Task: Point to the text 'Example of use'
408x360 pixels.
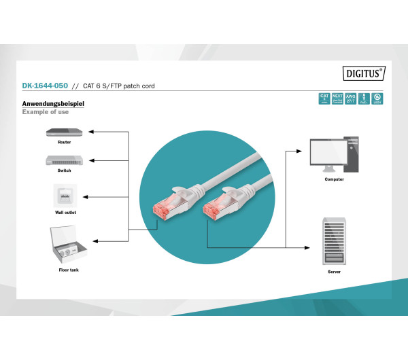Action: click(45, 111)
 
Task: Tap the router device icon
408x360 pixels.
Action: click(64, 132)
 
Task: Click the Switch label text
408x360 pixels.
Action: click(64, 170)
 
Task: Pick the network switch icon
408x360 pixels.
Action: click(64, 160)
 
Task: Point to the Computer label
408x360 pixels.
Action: click(334, 179)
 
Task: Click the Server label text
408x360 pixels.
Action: click(334, 271)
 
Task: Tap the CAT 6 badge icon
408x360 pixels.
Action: click(324, 98)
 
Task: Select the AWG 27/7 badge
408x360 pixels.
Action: click(350, 98)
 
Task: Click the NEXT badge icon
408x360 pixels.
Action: click(337, 98)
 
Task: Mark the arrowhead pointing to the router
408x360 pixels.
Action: click(92, 132)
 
